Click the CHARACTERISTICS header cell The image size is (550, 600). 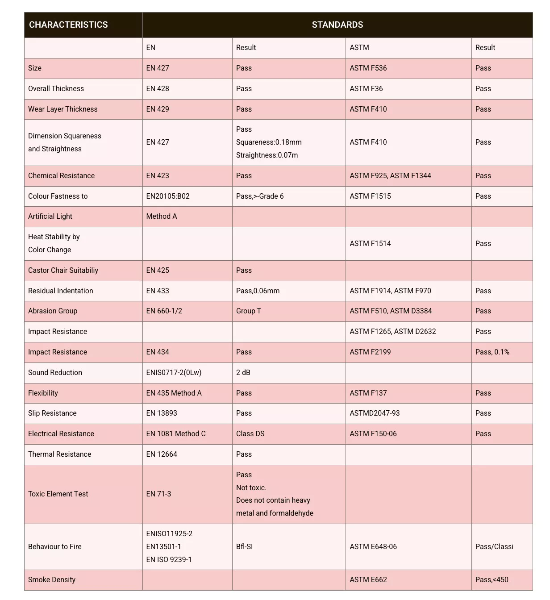pos(68,25)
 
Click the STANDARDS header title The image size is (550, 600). pos(337,25)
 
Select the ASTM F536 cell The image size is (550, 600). pos(368,68)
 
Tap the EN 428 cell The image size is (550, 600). pos(158,89)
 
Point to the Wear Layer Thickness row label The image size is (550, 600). pos(62,109)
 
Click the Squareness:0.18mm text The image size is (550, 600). pos(269,142)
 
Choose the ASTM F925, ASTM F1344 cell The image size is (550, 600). pos(390,176)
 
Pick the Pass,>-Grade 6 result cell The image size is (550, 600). pos(260,196)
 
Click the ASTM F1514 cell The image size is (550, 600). pos(370,244)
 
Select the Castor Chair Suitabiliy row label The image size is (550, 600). pos(63,271)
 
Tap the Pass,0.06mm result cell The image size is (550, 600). pos(258,291)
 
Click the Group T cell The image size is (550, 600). pos(249,311)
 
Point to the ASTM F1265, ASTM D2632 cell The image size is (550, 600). pos(392,332)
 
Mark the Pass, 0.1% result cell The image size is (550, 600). pos(492,352)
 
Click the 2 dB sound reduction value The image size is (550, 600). pos(243,373)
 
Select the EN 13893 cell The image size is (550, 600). pos(162,413)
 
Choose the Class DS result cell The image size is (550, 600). pos(250,434)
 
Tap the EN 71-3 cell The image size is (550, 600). pos(158,494)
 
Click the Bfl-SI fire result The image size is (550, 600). pos(244,547)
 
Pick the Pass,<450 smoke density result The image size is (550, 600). pos(492,580)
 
